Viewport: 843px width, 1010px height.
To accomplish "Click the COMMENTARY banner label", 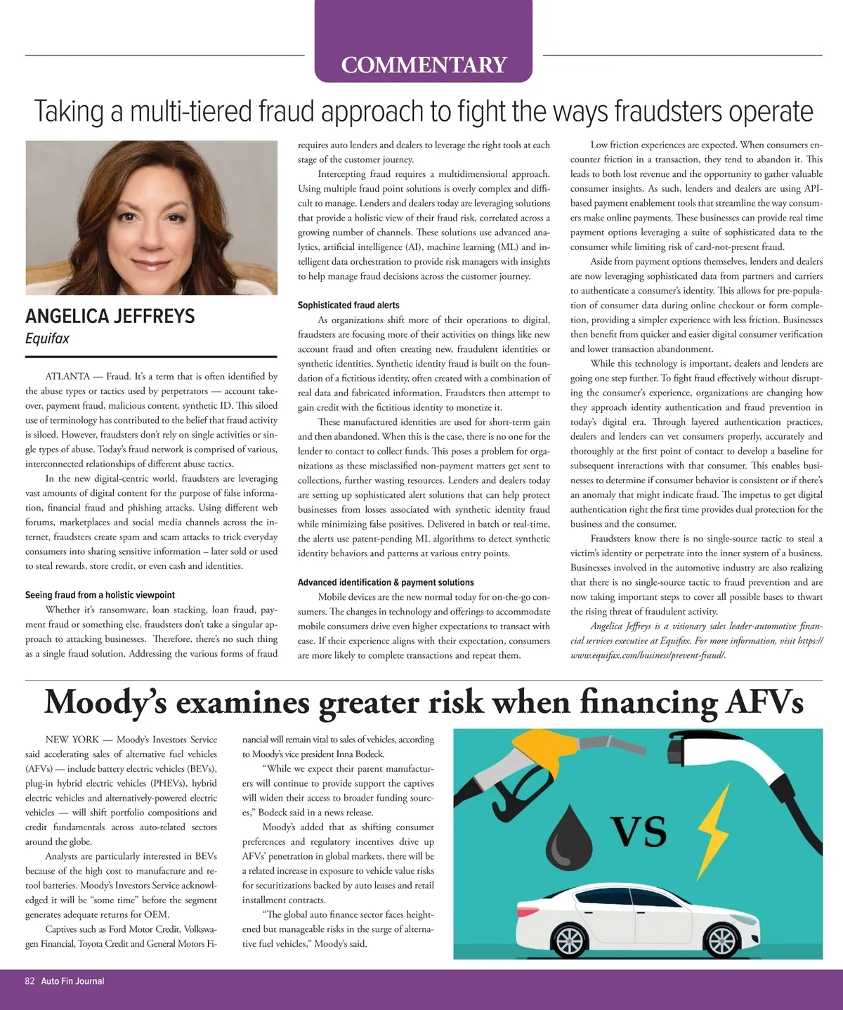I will tap(424, 65).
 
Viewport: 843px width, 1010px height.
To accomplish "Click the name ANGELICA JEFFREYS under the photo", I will tap(110, 316).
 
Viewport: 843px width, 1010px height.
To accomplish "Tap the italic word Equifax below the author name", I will tap(47, 339).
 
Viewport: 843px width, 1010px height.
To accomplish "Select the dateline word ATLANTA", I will tap(67, 376).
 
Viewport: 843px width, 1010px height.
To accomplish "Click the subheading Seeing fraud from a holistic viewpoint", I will tap(100, 595).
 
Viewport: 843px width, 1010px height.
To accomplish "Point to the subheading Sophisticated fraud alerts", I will tap(348, 305).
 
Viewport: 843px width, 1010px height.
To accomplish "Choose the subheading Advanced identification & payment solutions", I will tap(386, 582).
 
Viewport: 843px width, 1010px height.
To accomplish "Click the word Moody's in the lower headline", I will tap(105, 702).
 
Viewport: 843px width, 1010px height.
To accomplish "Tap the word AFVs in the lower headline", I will tap(762, 702).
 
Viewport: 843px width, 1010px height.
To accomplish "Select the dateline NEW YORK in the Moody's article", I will tap(72, 740).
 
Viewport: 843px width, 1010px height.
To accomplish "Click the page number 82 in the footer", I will tap(30, 981).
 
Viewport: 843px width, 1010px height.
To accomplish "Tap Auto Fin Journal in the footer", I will tap(72, 981).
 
